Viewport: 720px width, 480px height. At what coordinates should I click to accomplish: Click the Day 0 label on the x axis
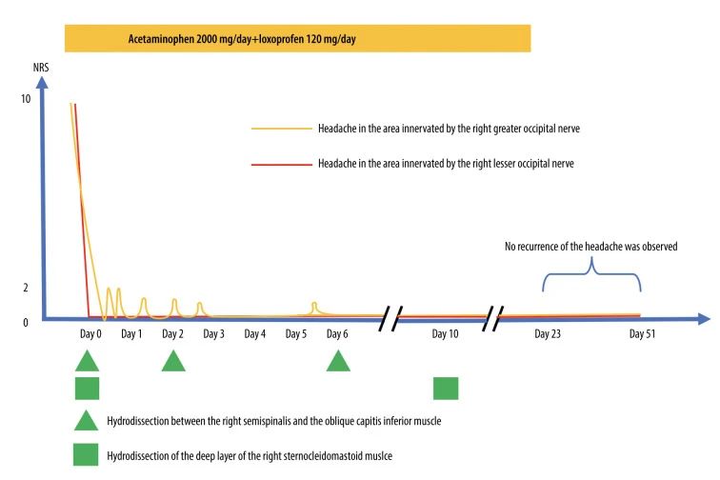click(91, 334)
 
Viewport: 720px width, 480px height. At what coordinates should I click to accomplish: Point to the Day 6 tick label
click(337, 334)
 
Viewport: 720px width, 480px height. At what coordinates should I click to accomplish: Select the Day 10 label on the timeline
click(445, 334)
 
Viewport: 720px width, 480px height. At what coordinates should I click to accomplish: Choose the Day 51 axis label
click(644, 334)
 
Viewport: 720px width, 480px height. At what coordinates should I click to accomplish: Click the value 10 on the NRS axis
click(25, 99)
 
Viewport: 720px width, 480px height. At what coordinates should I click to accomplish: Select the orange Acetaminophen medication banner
click(296, 39)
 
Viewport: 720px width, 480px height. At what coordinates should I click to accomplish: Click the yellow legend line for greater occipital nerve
click(281, 129)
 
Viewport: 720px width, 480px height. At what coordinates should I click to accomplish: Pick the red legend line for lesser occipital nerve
click(281, 165)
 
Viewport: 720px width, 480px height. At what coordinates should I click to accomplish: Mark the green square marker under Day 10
click(446, 389)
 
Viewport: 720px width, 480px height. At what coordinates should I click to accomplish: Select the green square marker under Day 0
click(87, 389)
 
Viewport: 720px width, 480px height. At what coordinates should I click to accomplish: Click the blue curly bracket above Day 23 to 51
click(591, 275)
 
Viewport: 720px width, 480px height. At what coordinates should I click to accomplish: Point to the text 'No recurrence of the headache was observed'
click(590, 247)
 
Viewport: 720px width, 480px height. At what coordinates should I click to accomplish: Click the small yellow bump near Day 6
click(314, 307)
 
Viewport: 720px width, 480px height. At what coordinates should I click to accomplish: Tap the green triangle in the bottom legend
click(87, 420)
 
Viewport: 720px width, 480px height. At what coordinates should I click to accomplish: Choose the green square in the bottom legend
click(87, 454)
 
